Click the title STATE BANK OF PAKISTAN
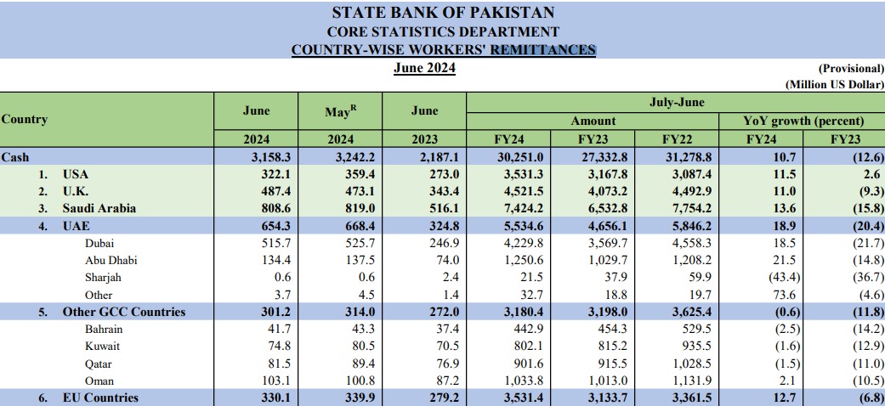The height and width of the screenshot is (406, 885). pos(442,13)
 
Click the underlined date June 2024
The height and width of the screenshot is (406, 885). pos(424,68)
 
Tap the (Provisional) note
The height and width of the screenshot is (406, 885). pos(850,68)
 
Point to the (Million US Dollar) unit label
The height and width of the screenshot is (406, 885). pos(834,84)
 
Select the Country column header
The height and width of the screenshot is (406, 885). pos(25,120)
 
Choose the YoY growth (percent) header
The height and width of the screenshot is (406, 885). pos(803,121)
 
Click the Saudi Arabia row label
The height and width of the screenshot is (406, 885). pos(99,207)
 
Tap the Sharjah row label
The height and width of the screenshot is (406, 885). pos(104,278)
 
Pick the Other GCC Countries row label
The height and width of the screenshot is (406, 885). pos(123,312)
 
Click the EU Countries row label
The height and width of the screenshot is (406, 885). pos(100,398)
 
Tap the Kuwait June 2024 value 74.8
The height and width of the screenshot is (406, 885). pos(256,347)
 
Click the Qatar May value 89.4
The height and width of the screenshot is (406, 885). pos(340,364)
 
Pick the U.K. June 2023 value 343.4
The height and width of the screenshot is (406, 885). pos(424,190)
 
